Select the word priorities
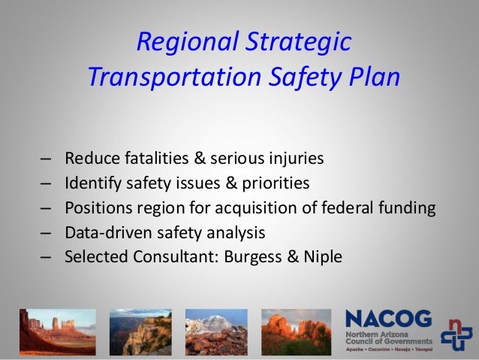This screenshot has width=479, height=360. [275, 183]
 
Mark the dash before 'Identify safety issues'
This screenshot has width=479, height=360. [47, 183]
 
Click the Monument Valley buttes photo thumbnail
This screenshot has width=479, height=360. [58, 331]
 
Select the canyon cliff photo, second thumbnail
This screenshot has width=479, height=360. [140, 331]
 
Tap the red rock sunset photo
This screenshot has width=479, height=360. [296, 331]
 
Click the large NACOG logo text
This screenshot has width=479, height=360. [389, 319]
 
